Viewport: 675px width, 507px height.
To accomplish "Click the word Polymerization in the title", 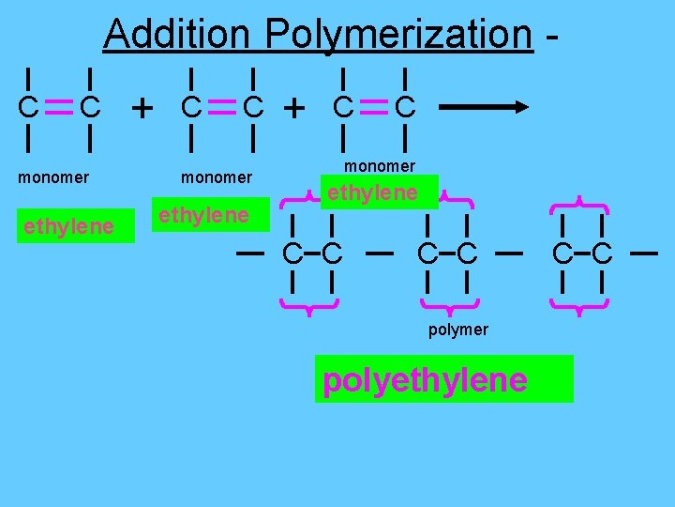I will tap(398, 36).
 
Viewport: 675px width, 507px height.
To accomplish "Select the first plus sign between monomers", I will tap(142, 109).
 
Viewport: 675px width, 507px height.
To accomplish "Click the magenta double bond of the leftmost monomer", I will tap(58, 109).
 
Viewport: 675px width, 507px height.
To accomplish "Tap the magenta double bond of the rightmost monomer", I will tap(373, 109).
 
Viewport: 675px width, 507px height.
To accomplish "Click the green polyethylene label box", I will tap(443, 379).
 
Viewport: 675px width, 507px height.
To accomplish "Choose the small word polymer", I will tap(457, 330).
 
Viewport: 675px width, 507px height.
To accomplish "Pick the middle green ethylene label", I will tap(203, 216).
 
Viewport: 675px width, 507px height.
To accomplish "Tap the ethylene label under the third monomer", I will tap(371, 193).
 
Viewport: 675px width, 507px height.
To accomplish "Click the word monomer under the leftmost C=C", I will tap(54, 177).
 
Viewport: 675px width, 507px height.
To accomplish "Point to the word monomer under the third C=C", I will tap(379, 166).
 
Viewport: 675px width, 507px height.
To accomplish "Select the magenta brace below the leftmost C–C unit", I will tap(310, 303).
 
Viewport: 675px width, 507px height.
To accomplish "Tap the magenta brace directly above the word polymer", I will tap(450, 304).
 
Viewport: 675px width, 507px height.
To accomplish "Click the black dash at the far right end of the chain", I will tap(643, 253).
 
